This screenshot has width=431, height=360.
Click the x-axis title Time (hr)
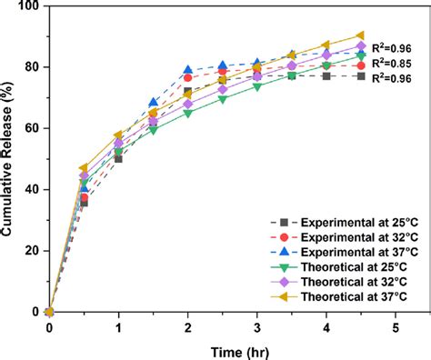[x=222, y=350]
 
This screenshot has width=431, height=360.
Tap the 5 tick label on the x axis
[x=395, y=326]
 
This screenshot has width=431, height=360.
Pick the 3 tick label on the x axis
[x=256, y=326]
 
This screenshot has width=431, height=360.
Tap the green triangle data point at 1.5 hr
[x=153, y=130]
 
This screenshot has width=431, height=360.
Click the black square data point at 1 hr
[x=118, y=158]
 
